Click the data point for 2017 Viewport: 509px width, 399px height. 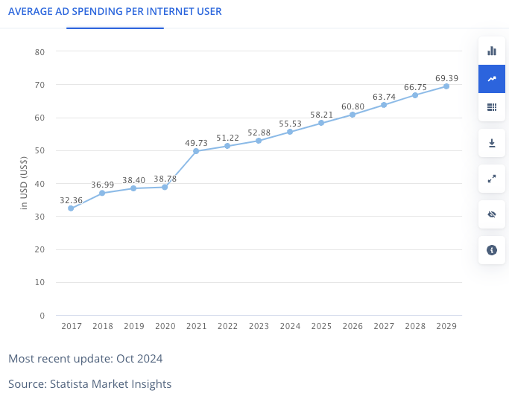click(x=71, y=208)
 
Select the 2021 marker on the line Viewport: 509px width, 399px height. click(x=196, y=151)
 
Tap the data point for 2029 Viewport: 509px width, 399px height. click(x=446, y=86)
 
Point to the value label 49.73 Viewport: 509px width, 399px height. click(x=196, y=143)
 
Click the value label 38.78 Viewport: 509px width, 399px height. click(x=165, y=179)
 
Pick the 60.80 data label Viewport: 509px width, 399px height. click(x=352, y=106)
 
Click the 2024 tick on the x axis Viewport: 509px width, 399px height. click(x=290, y=326)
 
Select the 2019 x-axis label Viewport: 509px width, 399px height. click(x=133, y=326)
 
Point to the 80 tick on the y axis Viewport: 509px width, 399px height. click(x=39, y=52)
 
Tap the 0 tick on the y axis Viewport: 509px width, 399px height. click(x=42, y=316)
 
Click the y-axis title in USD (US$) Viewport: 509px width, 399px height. click(x=24, y=183)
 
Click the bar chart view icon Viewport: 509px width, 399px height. click(x=492, y=51)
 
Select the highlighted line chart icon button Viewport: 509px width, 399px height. click(x=492, y=79)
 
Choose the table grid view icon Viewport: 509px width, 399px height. click(x=492, y=107)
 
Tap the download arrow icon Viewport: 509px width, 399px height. click(x=492, y=143)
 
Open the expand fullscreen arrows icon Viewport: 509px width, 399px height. click(x=492, y=179)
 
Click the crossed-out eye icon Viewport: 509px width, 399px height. click(x=492, y=214)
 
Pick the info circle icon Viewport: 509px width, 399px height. click(x=492, y=250)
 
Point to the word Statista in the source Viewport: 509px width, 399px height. click(x=69, y=384)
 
